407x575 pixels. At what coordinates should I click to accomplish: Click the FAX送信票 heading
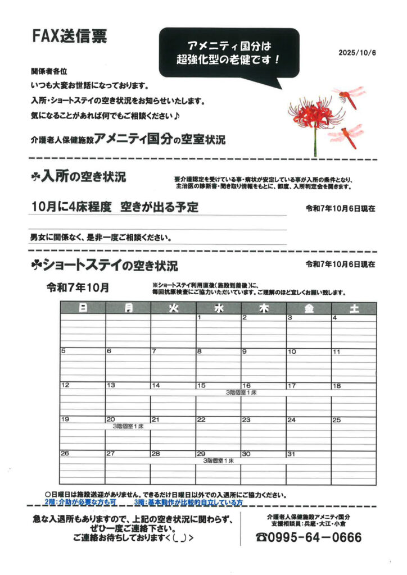click(69, 38)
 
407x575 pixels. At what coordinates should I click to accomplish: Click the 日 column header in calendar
click(83, 308)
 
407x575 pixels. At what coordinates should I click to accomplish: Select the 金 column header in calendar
click(309, 308)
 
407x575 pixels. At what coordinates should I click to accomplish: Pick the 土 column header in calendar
click(354, 308)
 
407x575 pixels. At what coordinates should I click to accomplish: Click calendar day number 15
click(201, 386)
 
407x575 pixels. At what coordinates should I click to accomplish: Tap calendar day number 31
click(291, 454)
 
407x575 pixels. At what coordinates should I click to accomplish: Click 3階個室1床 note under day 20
click(128, 427)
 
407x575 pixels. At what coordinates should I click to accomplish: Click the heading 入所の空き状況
click(78, 177)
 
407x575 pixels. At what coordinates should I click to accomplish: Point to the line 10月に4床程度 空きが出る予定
click(115, 207)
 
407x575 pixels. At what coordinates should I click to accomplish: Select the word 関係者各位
click(49, 72)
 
